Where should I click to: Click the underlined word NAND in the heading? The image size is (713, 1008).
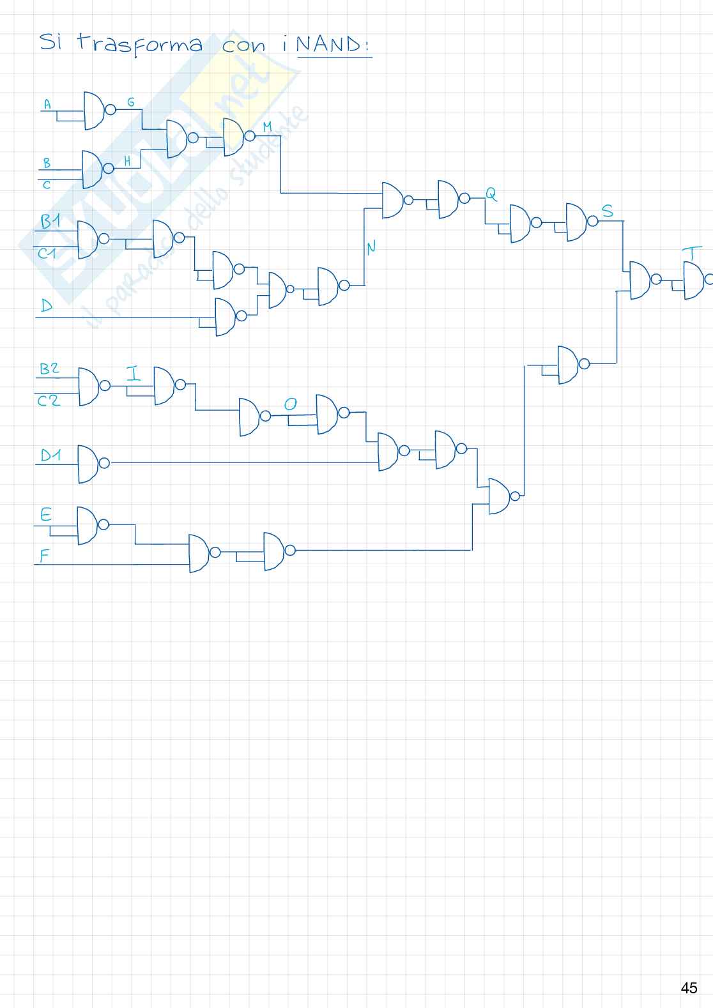pyautogui.click(x=333, y=46)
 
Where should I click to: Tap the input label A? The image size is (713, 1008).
pyautogui.click(x=47, y=103)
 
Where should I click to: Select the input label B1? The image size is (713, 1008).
pyautogui.click(x=50, y=222)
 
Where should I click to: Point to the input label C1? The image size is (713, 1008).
pyautogui.click(x=47, y=254)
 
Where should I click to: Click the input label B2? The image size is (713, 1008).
pyautogui.click(x=49, y=369)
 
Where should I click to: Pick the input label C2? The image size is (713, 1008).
pyautogui.click(x=49, y=401)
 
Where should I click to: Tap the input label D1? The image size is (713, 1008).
pyautogui.click(x=50, y=455)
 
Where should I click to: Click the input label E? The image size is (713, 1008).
pyautogui.click(x=46, y=515)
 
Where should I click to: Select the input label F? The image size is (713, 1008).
pyautogui.click(x=44, y=556)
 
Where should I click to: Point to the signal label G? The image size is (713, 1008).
pyautogui.click(x=131, y=102)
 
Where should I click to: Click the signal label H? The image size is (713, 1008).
pyautogui.click(x=127, y=162)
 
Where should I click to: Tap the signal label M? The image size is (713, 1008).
pyautogui.click(x=268, y=128)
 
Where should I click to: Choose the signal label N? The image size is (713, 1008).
pyautogui.click(x=371, y=248)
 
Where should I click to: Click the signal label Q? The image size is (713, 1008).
pyautogui.click(x=491, y=192)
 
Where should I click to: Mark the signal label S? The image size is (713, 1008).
pyautogui.click(x=608, y=211)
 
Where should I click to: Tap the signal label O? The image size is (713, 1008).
pyautogui.click(x=290, y=404)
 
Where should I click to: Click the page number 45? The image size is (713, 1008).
pyautogui.click(x=689, y=988)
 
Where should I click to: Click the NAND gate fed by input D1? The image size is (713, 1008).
pyautogui.click(x=88, y=464)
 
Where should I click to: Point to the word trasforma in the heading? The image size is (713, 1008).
pyautogui.click(x=140, y=45)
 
